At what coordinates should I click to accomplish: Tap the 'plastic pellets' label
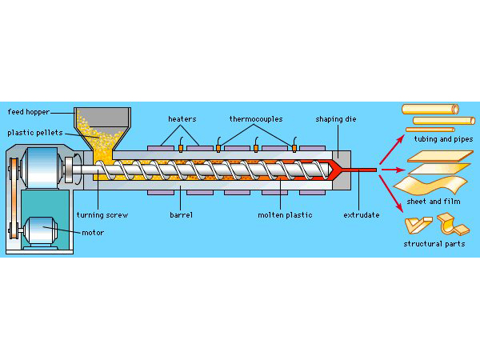(31, 133)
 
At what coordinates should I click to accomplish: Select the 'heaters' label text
(182, 118)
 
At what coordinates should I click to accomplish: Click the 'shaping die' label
(334, 118)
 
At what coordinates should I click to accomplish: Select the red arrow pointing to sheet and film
(391, 170)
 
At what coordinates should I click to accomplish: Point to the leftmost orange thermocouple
(180, 147)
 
